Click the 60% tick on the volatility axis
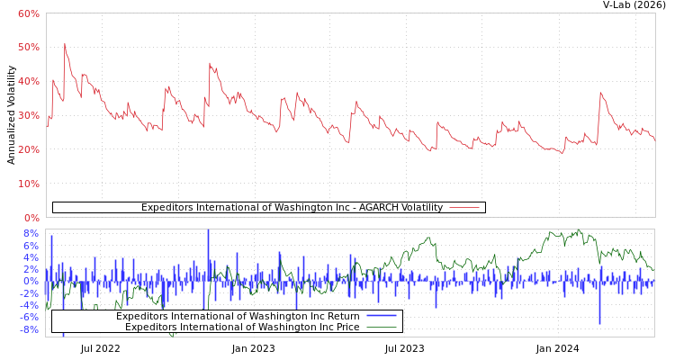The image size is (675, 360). point(28,13)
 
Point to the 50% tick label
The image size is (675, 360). point(28,47)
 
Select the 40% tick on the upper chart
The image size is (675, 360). point(28,81)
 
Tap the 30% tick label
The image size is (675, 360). point(28,115)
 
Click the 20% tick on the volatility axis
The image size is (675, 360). point(28,149)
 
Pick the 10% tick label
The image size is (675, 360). point(28,184)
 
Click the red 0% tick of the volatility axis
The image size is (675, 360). point(31,218)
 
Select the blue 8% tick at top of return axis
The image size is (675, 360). point(31,234)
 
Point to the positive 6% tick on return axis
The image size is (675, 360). point(31,246)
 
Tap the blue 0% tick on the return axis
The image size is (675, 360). point(31,281)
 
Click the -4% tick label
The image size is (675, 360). point(29,304)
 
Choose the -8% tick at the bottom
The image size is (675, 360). point(29,329)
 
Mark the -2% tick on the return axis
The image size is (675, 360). point(29,292)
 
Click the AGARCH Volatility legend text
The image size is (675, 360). point(292,208)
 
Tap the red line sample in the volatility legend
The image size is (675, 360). point(463,208)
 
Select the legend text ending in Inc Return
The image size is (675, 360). point(238,316)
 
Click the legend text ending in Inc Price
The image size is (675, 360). point(242,327)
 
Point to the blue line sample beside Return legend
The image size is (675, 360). point(382,316)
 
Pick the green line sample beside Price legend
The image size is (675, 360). point(382,327)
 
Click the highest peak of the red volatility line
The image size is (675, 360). point(64,43)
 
